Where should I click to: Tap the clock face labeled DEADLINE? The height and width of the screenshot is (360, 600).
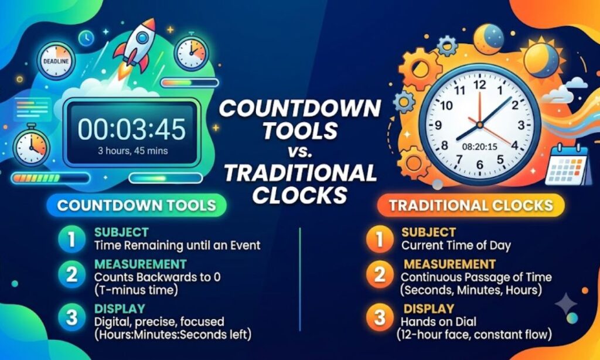coord(56,61)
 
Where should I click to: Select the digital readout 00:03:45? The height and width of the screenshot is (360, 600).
coord(132,129)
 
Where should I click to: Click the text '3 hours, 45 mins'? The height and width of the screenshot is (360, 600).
coord(133,151)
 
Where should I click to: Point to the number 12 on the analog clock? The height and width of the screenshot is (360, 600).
coord(479,84)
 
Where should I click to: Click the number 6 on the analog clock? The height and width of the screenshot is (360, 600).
coord(479,165)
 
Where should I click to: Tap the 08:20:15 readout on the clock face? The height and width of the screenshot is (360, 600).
coord(479,147)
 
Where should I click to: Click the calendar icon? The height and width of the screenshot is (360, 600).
coord(567,165)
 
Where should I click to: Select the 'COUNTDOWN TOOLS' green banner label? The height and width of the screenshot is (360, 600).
coord(137,205)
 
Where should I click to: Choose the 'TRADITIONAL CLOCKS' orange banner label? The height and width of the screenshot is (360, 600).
coord(471,205)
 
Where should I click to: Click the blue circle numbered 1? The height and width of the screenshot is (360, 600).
coord(71,239)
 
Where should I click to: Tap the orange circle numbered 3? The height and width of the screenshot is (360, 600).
coord(380,317)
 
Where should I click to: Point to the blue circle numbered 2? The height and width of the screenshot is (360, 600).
coord(71,274)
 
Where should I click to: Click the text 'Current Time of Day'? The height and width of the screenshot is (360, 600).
coord(456,246)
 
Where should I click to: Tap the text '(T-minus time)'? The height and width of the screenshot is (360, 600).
coord(136,290)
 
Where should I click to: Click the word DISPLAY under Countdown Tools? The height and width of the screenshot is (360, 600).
coord(120,308)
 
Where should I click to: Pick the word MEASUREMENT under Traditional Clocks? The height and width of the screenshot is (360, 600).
coord(449,264)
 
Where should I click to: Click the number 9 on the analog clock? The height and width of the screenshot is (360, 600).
coord(438,125)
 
